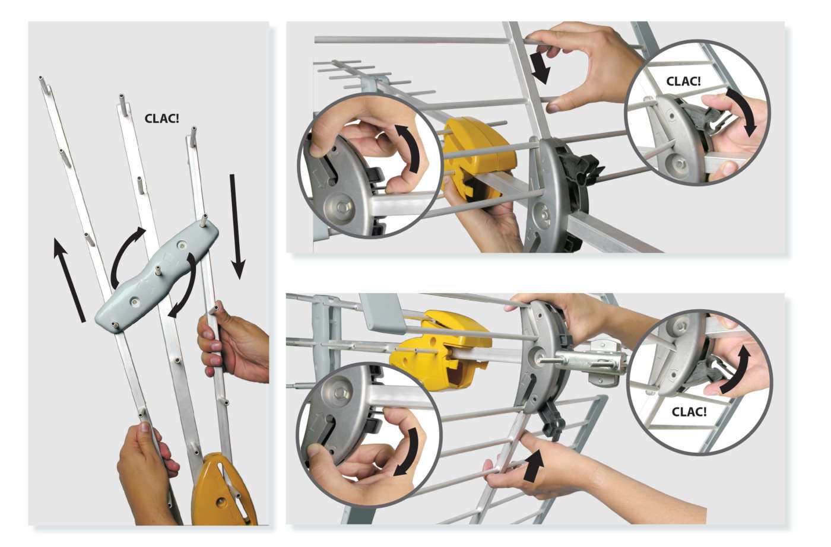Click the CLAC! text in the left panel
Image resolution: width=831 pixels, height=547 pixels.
coord(161,118)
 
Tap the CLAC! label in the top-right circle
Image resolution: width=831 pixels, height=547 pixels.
coord(683,81)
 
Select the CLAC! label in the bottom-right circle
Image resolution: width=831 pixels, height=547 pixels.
coord(689,412)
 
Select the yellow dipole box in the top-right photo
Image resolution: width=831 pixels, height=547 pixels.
coord(478,156)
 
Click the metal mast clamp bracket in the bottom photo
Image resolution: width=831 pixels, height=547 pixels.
coord(590,361)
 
